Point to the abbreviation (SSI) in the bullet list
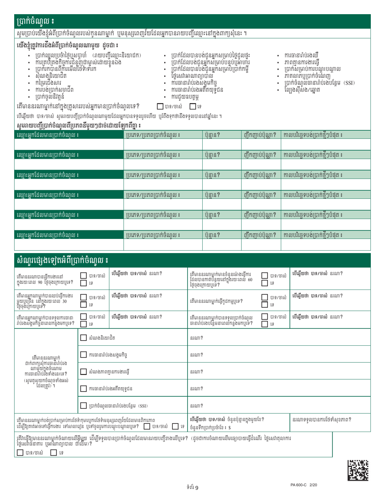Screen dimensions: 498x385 [x=349, y=83]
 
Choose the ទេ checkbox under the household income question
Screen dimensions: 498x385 [x=193, y=106]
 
